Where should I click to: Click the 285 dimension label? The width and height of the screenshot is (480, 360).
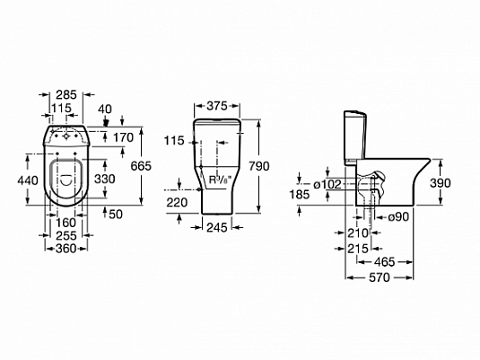coord(66,94)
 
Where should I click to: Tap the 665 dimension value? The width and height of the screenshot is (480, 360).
coord(141,166)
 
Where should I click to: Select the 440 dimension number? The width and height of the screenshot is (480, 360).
coord(28,180)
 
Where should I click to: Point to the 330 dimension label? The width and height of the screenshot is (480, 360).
coord(105,179)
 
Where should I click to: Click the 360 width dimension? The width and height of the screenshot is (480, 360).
coord(65,249)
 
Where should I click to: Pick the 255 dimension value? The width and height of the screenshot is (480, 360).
coord(66,235)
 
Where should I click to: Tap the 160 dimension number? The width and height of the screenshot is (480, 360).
coord(65,223)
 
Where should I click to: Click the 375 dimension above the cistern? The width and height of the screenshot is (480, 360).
coord(217,106)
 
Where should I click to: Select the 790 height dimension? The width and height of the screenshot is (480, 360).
coord(259,166)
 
